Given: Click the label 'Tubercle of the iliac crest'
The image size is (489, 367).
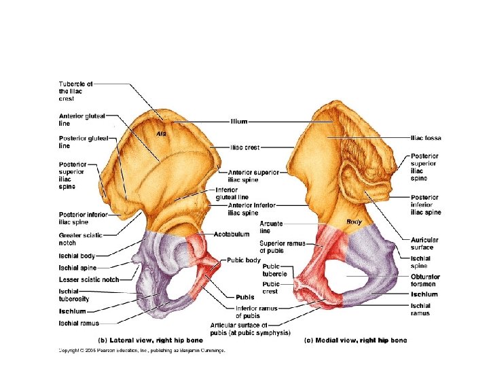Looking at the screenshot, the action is pyautogui.click(x=75, y=91).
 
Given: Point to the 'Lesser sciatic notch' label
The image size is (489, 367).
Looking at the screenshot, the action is pyautogui.click(x=89, y=279).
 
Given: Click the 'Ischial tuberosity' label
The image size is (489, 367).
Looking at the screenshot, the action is pyautogui.click(x=74, y=295).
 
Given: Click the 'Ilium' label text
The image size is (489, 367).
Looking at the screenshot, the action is pyautogui.click(x=239, y=122).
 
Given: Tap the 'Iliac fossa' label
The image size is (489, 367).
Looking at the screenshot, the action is pyautogui.click(x=426, y=138).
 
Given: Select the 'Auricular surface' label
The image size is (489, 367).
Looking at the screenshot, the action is pyautogui.click(x=424, y=243).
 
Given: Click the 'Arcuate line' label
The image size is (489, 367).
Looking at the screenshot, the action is pyautogui.click(x=270, y=227).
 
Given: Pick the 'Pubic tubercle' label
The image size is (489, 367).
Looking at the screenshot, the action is pyautogui.click(x=271, y=270).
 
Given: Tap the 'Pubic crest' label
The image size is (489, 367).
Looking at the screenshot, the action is pyautogui.click(x=271, y=287).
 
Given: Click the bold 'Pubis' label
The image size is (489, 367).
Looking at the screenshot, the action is pyautogui.click(x=244, y=297).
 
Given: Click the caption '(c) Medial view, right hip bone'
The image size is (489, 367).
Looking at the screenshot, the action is pyautogui.click(x=355, y=339).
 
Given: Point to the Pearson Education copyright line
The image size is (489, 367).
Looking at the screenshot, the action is pyautogui.click(x=141, y=351).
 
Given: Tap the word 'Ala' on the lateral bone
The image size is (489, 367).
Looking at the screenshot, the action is pyautogui.click(x=161, y=133).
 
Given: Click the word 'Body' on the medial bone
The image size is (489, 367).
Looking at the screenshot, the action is pyautogui.click(x=354, y=222).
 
